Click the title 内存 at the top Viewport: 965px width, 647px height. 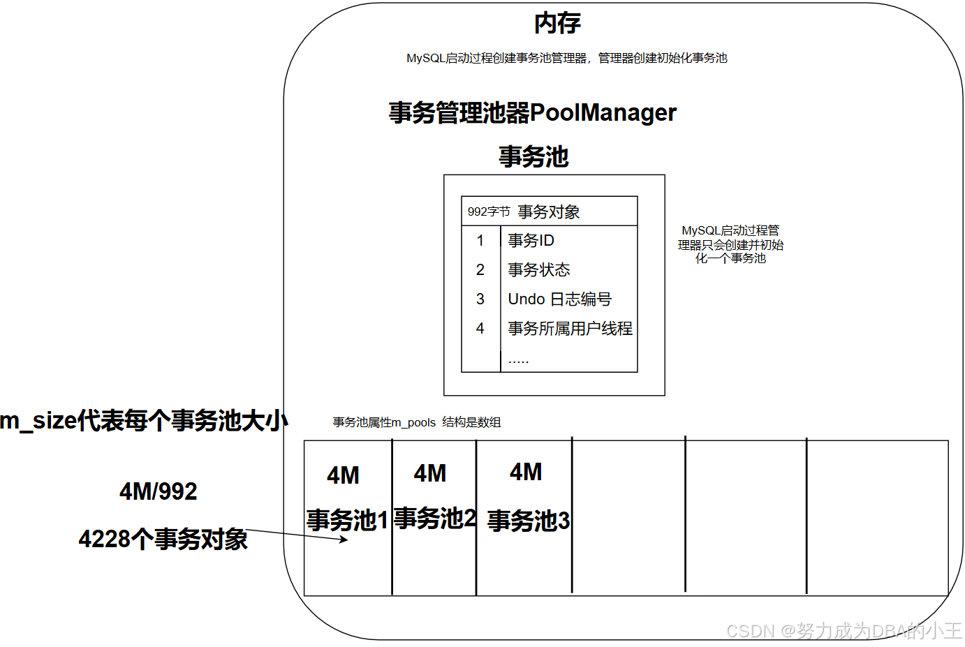pos(557,24)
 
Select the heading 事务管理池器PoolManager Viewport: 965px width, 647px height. pos(532,112)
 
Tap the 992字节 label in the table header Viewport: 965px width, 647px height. pos(488,211)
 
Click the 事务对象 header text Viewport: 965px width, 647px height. pos(549,211)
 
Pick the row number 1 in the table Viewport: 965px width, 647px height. pos(480,241)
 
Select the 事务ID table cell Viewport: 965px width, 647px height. pos(531,241)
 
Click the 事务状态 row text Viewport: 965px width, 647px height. pos(538,270)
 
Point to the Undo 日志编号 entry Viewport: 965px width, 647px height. pos(559,299)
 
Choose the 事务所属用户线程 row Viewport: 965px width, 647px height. pos(570,329)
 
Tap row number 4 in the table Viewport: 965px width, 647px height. pos(480,329)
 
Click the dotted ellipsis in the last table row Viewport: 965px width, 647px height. pos(518,361)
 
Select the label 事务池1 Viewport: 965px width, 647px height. pos(347,521)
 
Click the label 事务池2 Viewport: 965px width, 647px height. pos(434,519)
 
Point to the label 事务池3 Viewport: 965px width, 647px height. pos(528,521)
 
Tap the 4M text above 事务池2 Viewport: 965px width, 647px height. pos(430,474)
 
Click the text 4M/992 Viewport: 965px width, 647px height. pos(159,491)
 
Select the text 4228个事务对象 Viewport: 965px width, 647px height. pos(163,540)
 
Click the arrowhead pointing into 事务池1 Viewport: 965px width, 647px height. pos(344,539)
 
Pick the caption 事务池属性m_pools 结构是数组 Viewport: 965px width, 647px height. pos(416,422)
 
